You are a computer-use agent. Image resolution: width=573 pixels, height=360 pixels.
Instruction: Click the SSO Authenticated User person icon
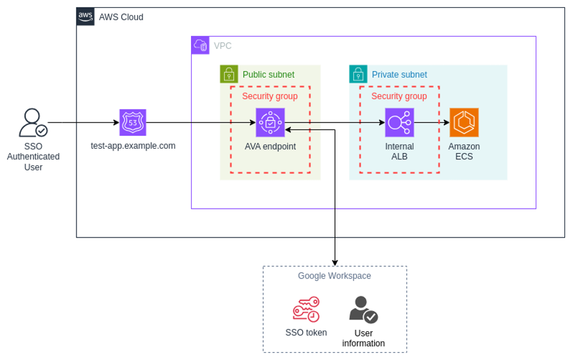pyautogui.click(x=32, y=122)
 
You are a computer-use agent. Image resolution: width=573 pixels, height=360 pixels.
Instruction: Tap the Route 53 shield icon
pyautogui.click(x=133, y=122)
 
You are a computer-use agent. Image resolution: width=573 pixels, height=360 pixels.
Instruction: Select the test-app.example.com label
pyautogui.click(x=133, y=146)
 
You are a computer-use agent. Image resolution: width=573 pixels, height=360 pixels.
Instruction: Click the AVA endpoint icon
pyautogui.click(x=270, y=122)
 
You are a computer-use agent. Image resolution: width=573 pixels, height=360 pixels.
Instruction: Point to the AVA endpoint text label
pyautogui.click(x=270, y=146)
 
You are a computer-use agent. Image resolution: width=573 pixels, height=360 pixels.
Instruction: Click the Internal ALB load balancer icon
pyautogui.click(x=399, y=122)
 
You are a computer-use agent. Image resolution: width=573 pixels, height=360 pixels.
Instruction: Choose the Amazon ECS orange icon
pyautogui.click(x=464, y=122)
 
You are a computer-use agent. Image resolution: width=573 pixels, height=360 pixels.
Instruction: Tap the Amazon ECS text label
pyautogui.click(x=464, y=151)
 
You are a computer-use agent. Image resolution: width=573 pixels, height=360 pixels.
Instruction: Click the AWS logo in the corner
pyautogui.click(x=86, y=17)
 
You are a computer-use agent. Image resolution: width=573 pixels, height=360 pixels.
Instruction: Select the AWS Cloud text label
pyautogui.click(x=121, y=17)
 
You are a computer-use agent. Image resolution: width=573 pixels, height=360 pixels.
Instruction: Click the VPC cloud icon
pyautogui.click(x=200, y=45)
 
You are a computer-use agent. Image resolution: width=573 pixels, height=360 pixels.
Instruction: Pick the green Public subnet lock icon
pyautogui.click(x=229, y=74)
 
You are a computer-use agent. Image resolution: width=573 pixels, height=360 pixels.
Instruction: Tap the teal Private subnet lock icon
pyautogui.click(x=358, y=74)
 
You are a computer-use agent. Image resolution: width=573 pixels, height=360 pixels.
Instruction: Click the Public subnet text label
pyautogui.click(x=268, y=75)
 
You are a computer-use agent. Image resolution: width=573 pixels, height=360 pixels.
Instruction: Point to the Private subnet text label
pyautogui.click(x=399, y=75)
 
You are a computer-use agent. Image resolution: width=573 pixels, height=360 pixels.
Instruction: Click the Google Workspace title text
pyautogui.click(x=334, y=276)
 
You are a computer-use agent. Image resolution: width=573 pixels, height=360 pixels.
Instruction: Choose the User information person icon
pyautogui.click(x=363, y=309)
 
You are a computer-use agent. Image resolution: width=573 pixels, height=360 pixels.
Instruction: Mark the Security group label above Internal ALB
pyautogui.click(x=399, y=96)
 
